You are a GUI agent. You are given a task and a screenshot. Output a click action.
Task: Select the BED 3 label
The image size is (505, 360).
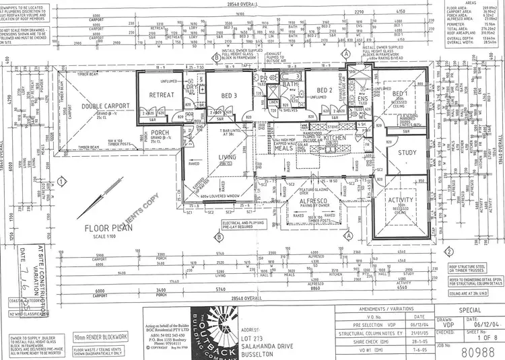[229, 95]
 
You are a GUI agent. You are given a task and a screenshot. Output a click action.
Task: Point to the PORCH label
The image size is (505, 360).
[160, 133]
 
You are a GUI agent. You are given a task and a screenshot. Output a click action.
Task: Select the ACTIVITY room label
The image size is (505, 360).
[400, 201]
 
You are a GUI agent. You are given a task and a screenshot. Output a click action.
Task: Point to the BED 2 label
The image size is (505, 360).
[326, 90]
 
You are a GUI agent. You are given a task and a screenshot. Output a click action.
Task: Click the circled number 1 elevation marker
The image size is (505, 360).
[62, 180]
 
